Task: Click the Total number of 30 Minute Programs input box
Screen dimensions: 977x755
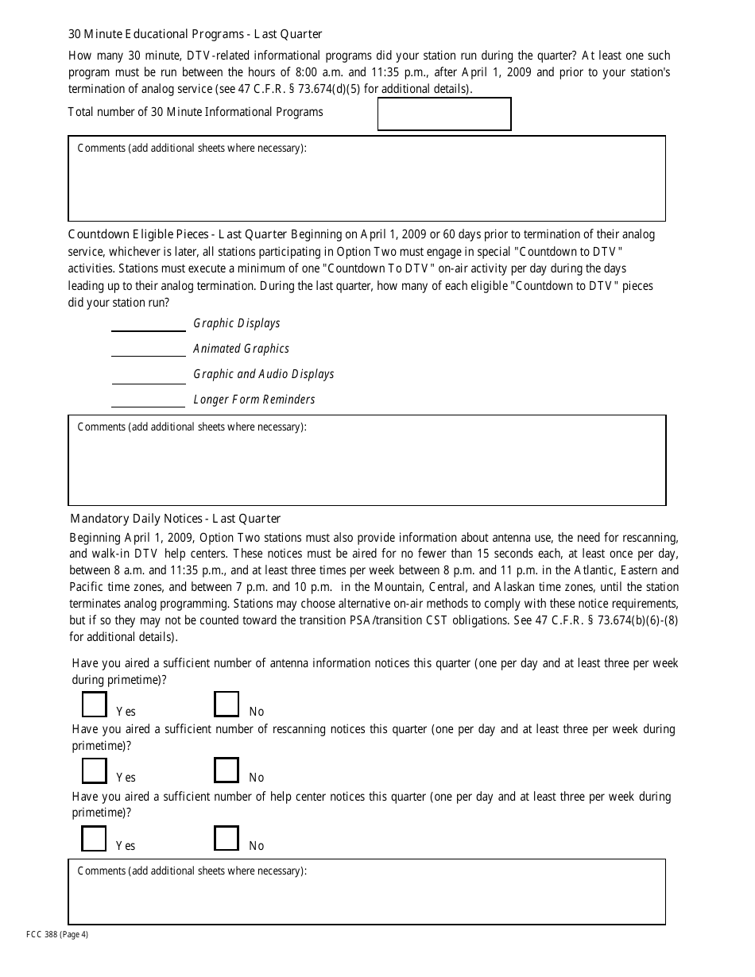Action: (x=443, y=114)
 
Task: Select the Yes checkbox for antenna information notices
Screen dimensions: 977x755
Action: (x=94, y=705)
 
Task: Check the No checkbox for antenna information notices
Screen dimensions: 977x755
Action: (x=226, y=705)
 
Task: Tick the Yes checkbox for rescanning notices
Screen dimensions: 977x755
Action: (x=94, y=770)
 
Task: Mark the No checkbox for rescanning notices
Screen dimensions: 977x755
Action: (x=226, y=770)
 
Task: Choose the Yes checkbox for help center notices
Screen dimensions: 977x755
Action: (x=94, y=839)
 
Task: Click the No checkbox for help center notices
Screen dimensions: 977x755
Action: (x=226, y=839)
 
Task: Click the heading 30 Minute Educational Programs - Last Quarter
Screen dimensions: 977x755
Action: (x=196, y=34)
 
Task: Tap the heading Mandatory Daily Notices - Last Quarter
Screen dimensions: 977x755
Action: (x=175, y=519)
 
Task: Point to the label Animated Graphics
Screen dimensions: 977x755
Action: (x=241, y=349)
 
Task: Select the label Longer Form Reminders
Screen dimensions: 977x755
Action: (x=254, y=400)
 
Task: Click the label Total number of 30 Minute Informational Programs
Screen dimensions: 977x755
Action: (x=196, y=112)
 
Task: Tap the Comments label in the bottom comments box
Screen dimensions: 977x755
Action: (x=192, y=871)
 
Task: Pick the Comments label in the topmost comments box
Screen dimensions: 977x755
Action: (x=192, y=149)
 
